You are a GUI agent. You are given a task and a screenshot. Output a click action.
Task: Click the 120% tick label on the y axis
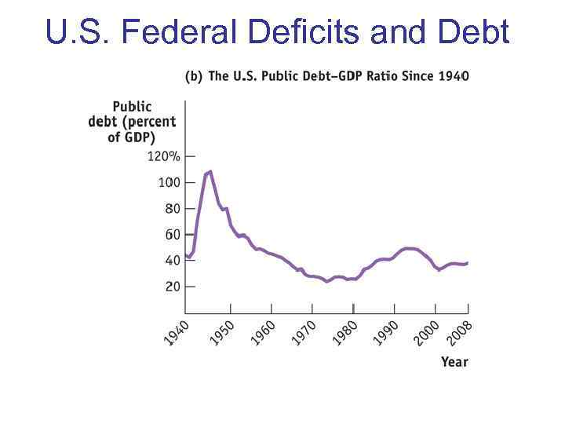click(163, 156)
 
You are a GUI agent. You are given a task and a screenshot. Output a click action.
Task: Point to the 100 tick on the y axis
click(169, 182)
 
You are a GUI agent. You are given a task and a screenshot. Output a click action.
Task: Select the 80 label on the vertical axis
click(172, 208)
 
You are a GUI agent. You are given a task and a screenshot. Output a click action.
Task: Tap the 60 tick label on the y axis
click(172, 234)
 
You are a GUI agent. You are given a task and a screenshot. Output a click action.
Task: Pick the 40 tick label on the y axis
click(172, 261)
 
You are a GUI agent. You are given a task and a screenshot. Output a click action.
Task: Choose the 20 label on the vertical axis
click(172, 287)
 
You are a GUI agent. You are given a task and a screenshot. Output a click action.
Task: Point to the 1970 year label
click(303, 331)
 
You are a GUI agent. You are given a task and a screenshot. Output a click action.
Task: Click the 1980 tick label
click(344, 331)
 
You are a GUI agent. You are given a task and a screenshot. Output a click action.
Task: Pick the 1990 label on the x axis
click(385, 331)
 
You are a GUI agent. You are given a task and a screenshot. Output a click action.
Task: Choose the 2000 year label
click(427, 331)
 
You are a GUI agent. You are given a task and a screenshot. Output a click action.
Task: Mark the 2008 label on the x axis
click(460, 331)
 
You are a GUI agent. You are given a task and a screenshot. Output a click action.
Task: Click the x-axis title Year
click(454, 362)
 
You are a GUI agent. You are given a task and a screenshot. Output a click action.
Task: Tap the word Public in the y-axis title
click(132, 106)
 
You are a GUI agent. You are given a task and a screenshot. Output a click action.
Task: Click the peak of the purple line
click(210, 171)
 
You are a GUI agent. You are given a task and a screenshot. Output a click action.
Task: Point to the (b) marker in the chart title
click(193, 76)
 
